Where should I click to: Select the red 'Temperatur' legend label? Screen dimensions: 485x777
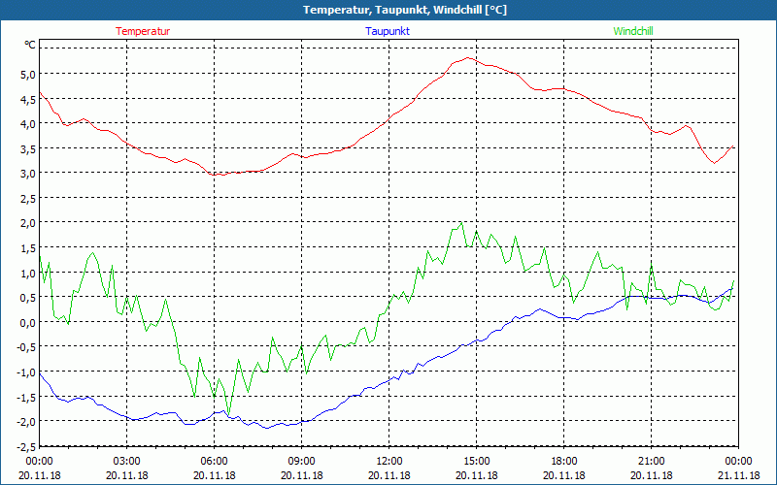tap(143, 31)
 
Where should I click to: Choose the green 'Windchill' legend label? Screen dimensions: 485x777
tap(633, 31)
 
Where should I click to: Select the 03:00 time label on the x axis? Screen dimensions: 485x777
tap(127, 461)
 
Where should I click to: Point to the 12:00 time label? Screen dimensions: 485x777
tap(389, 461)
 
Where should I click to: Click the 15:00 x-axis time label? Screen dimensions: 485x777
tap(477, 461)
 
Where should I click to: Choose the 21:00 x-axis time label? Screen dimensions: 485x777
tap(652, 461)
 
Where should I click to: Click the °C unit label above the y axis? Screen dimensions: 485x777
tap(30, 45)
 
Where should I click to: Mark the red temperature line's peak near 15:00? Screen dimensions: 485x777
tap(469, 57)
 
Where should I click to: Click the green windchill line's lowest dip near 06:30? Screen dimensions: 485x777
tap(229, 412)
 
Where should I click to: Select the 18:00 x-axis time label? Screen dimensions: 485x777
tap(564, 461)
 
